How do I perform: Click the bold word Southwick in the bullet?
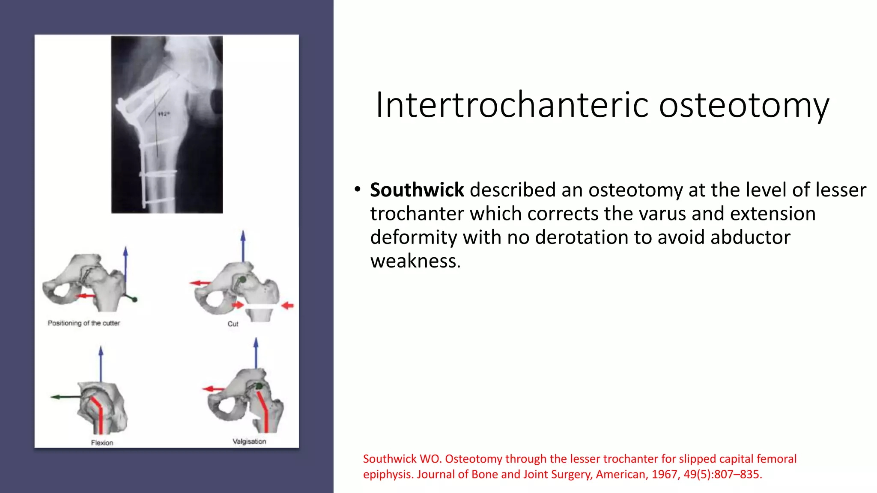coord(417,190)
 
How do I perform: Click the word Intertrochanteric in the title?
coord(512,105)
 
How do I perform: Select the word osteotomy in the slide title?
coord(744,105)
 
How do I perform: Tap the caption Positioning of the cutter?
coord(84,323)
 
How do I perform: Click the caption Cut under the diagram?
coord(233,324)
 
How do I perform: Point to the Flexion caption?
coord(102,443)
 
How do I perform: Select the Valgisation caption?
coord(249,441)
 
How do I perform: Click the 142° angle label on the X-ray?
coord(164,114)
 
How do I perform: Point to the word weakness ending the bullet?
coord(415,261)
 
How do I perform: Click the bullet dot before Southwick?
coord(357,189)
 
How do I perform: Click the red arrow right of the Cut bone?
coord(288,305)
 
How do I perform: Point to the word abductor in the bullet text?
coord(750,237)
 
